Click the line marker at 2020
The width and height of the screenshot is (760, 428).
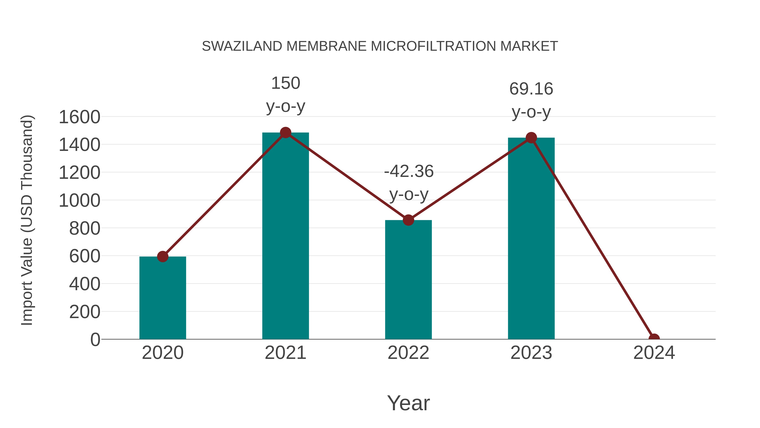point(163,256)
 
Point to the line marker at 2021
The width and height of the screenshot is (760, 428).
point(285,133)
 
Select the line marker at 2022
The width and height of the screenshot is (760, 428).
point(408,220)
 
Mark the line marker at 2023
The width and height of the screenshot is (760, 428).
point(531,138)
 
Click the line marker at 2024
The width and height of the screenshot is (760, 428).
point(654,339)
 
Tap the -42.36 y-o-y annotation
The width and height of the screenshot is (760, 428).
point(409,183)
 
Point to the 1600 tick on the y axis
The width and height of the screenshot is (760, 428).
point(79,117)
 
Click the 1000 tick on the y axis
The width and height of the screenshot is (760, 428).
point(79,201)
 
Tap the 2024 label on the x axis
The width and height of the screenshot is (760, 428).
point(654,353)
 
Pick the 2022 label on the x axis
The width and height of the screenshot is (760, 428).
point(408,353)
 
